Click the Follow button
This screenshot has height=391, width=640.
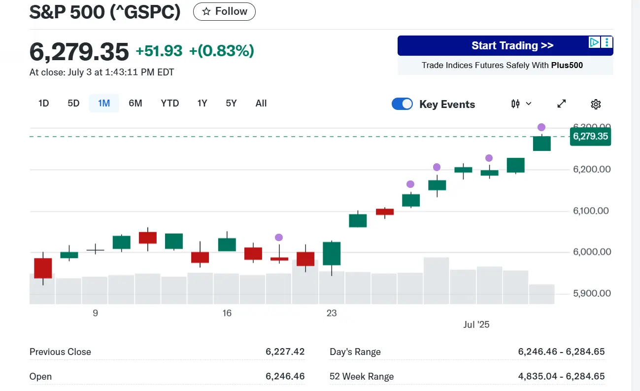click(224, 11)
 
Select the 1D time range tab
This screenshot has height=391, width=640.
click(44, 103)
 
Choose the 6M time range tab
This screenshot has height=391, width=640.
click(135, 103)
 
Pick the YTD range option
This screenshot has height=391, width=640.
click(170, 103)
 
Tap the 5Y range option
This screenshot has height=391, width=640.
click(231, 103)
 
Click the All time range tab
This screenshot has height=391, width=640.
click(261, 103)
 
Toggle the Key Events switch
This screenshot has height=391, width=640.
click(403, 104)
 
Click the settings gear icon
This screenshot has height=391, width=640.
click(596, 104)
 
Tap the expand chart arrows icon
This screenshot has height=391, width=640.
click(562, 104)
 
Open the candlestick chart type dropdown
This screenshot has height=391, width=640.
click(521, 104)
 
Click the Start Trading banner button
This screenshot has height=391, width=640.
click(512, 46)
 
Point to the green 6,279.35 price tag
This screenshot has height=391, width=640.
click(590, 137)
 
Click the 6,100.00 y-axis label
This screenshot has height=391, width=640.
click(592, 211)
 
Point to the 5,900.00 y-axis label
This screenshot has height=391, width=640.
click(592, 293)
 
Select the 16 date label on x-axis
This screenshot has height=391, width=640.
click(227, 313)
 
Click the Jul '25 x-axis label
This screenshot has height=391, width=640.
click(476, 324)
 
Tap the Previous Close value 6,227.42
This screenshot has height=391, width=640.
click(285, 352)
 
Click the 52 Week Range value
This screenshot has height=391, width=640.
click(561, 376)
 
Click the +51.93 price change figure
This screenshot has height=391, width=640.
click(159, 51)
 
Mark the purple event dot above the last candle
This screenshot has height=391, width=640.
click(541, 127)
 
